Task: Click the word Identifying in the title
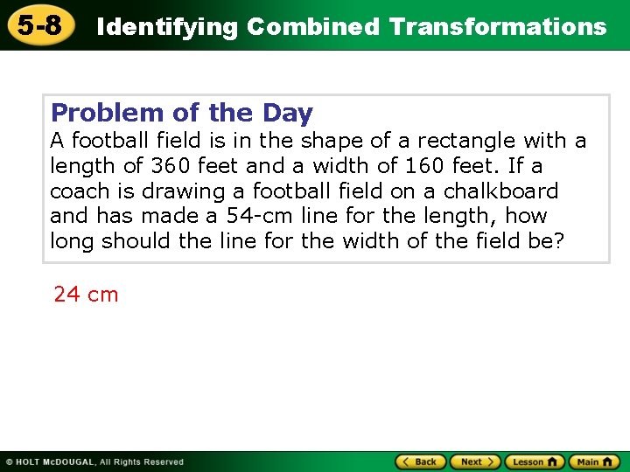167,27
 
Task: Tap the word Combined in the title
313,27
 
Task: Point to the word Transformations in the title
498,27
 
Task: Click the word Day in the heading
287,113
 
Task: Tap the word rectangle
466,141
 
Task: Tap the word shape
337,141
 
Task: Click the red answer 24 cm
86,295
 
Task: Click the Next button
476,462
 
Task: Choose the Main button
594,462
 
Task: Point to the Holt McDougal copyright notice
94,462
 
